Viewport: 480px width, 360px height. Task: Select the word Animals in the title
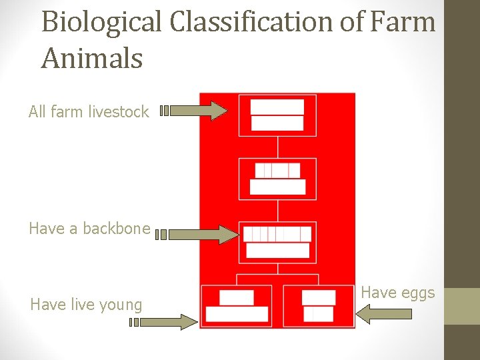tap(92, 58)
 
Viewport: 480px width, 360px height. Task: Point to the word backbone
tap(119, 228)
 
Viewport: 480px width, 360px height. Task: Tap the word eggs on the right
tap(419, 292)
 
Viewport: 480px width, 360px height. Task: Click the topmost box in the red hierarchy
tap(277, 115)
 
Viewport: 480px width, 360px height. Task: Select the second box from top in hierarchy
tap(277, 179)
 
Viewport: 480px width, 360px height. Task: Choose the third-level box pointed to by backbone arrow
tap(277, 242)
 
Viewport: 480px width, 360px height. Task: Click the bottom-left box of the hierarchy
tap(237, 306)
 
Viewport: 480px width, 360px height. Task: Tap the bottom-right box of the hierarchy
tap(318, 306)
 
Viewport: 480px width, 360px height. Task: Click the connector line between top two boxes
tap(277, 147)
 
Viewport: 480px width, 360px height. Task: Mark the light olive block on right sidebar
tap(461, 306)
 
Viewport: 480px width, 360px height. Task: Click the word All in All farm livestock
tap(39, 112)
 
